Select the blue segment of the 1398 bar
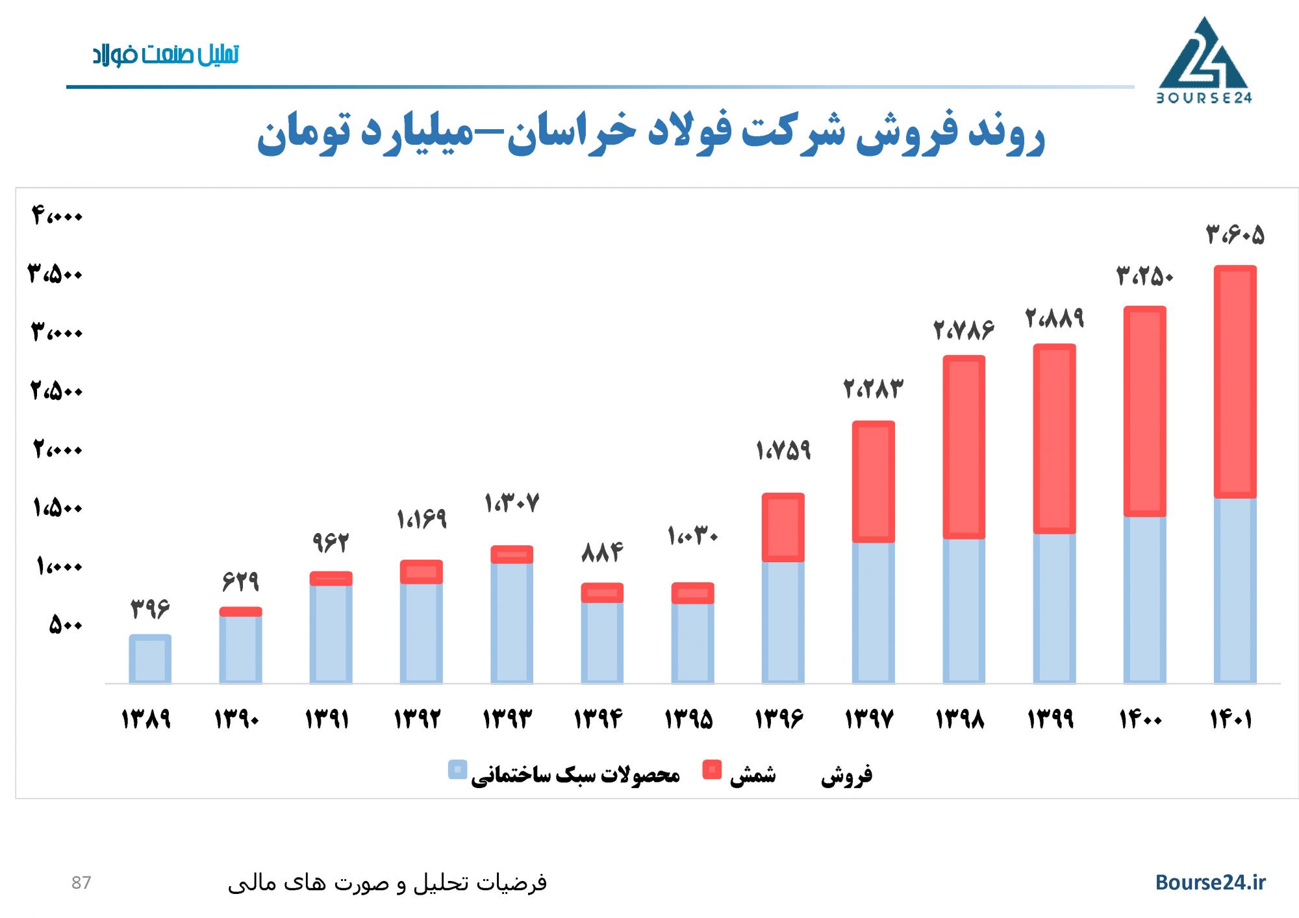(964, 610)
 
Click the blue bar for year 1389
(150, 659)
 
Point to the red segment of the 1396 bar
(783, 527)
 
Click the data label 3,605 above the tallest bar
(1235, 234)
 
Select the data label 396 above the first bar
(150, 608)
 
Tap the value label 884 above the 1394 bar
(602, 552)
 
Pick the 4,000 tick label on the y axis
(57, 215)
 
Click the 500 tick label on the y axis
(66, 625)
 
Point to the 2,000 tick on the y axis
(58, 449)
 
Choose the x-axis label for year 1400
(1141, 719)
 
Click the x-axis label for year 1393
(507, 719)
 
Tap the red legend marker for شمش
(712, 769)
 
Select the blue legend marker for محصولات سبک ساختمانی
(457, 769)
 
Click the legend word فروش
(846, 775)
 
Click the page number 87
(81, 882)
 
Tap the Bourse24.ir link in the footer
(1210, 882)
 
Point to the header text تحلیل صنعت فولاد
(166, 55)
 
